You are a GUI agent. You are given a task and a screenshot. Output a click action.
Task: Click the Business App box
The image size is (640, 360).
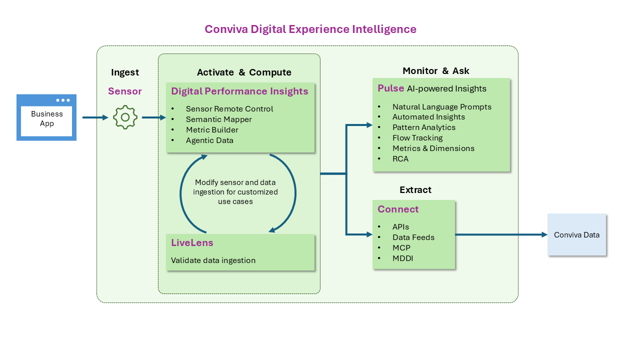tap(46, 118)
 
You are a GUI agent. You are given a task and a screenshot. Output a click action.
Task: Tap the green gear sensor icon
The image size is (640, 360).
tap(125, 117)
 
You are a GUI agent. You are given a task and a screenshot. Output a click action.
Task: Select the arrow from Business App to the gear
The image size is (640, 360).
tap(95, 117)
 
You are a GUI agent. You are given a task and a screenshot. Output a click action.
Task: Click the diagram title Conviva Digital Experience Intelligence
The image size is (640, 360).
tap(310, 29)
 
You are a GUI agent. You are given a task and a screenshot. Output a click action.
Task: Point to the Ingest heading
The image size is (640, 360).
tap(125, 72)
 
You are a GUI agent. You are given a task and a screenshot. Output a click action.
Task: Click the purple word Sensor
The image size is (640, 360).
tap(125, 91)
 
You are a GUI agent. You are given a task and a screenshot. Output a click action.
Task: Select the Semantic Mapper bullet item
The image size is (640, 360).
tap(218, 119)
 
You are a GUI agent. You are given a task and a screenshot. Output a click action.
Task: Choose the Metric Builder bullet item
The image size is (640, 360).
tap(212, 130)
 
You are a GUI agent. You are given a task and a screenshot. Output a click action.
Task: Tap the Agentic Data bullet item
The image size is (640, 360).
tap(209, 140)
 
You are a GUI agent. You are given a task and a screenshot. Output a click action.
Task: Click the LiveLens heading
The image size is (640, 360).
tap(192, 243)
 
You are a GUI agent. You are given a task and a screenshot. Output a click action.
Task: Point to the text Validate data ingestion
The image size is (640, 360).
tap(213, 260)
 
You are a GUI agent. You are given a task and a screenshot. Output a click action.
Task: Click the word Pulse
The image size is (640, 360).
tap(390, 88)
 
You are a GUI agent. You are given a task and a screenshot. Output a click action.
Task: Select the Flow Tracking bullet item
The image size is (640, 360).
tap(417, 138)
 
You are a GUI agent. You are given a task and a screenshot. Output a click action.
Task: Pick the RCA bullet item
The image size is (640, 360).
tap(400, 159)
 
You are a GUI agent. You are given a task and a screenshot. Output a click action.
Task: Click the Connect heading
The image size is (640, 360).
tap(398, 209)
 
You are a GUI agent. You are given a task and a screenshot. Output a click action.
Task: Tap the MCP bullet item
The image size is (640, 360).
tap(401, 248)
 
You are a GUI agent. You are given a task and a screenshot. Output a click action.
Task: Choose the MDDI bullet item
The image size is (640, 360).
tap(402, 258)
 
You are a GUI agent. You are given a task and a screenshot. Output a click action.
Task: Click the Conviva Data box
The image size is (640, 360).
tap(576, 235)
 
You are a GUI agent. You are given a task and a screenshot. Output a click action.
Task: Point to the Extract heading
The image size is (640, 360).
tap(415, 190)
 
